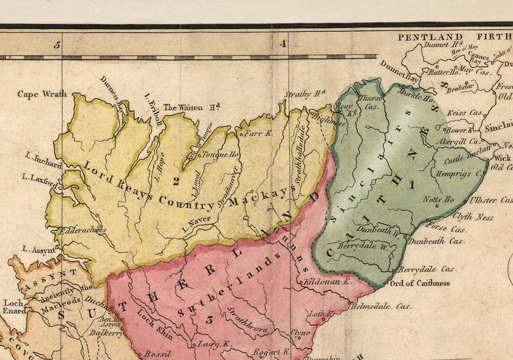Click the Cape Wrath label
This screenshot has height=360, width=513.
pos(42,94)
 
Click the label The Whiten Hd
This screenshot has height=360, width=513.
pos(192,107)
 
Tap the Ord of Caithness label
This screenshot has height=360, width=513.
pos(419,283)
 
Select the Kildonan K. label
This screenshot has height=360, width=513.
pos(329,282)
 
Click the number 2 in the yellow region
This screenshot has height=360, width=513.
pos(176,181)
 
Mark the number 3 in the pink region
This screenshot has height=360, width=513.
pos(209,320)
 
